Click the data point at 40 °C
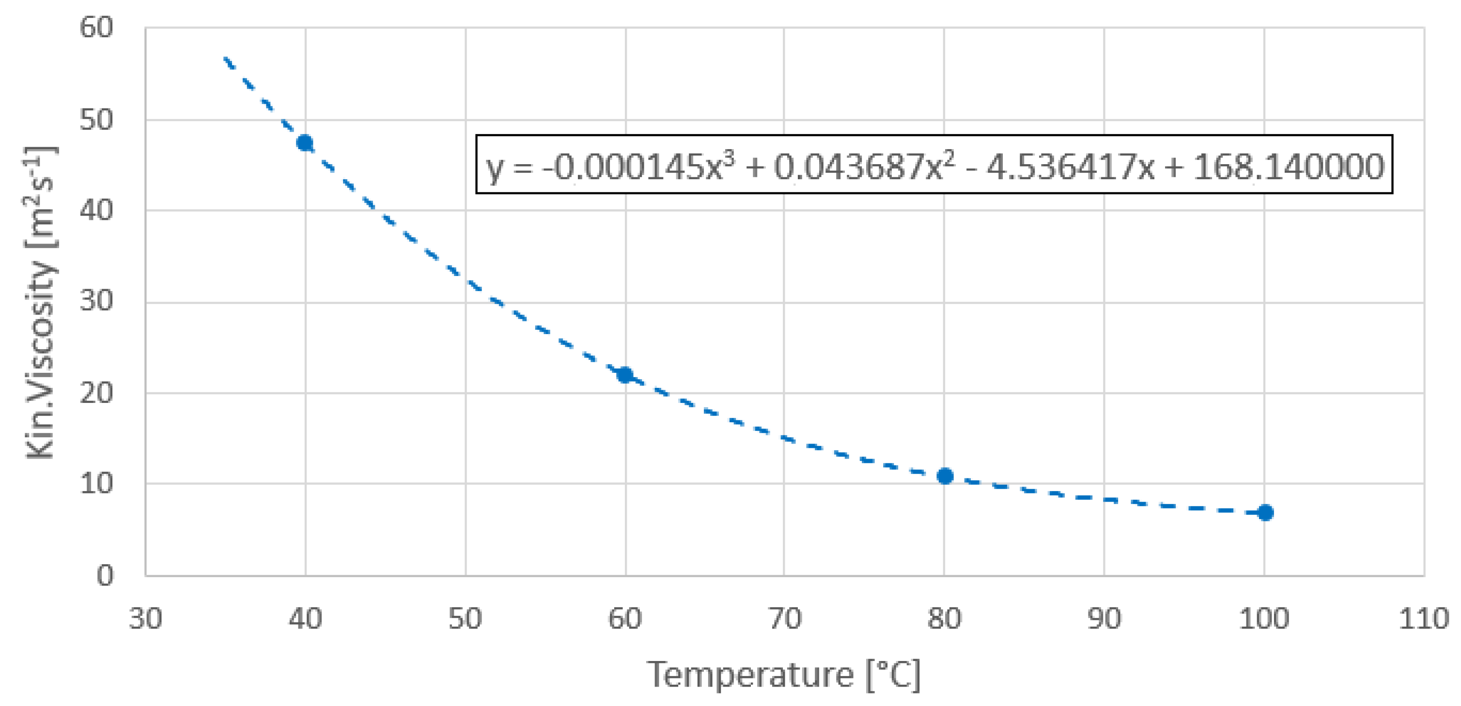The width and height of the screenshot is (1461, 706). pos(305,143)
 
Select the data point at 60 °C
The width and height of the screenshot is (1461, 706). pos(624,375)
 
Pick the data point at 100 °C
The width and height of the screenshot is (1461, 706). pos(1265,513)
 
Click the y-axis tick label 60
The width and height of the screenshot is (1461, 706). pos(96,27)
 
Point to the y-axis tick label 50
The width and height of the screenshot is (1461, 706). pos(96,120)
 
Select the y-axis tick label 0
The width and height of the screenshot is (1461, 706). pos(105,576)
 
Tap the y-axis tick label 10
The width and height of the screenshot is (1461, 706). pos(96,484)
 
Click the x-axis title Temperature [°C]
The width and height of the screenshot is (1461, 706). pos(783,675)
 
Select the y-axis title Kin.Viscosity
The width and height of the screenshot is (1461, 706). pos(41,304)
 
